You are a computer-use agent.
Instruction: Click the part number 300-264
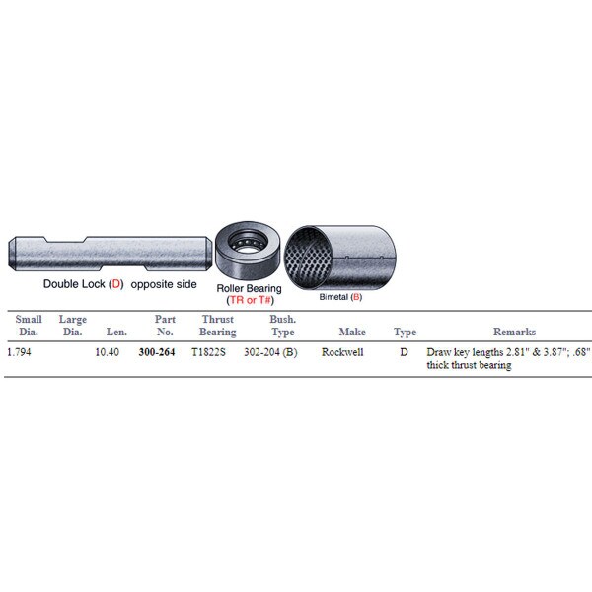point(157,352)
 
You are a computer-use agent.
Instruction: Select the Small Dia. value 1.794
point(19,352)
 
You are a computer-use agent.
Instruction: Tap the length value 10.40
point(107,352)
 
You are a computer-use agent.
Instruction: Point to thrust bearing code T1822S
point(208,352)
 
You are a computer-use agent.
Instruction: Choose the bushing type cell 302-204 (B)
point(270,352)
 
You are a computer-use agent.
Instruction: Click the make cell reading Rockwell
point(342,352)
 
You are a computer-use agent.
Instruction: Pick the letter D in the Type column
point(404,352)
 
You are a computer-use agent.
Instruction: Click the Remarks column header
point(515,332)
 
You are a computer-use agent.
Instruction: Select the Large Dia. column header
point(72,326)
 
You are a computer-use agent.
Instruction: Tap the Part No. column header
point(165,326)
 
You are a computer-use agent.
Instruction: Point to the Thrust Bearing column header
point(218,326)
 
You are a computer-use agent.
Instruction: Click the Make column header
point(352,332)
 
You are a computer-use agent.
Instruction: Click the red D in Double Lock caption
point(116,284)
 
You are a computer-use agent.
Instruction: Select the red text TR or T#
point(250,300)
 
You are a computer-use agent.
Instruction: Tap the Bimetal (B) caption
point(340,297)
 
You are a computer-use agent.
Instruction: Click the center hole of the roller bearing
point(248,245)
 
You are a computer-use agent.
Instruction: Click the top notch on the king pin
point(64,240)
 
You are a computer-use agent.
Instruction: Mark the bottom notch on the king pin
point(123,267)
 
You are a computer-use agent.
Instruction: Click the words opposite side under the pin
point(164,284)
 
